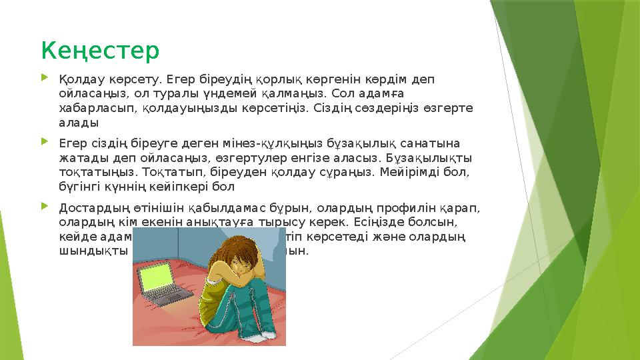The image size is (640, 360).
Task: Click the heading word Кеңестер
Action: [x=101, y=50]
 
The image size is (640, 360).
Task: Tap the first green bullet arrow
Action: [x=45, y=79]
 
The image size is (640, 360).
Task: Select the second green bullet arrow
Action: [x=45, y=142]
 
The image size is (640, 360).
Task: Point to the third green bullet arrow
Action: [x=45, y=205]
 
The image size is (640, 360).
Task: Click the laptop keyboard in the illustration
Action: [x=169, y=298]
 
